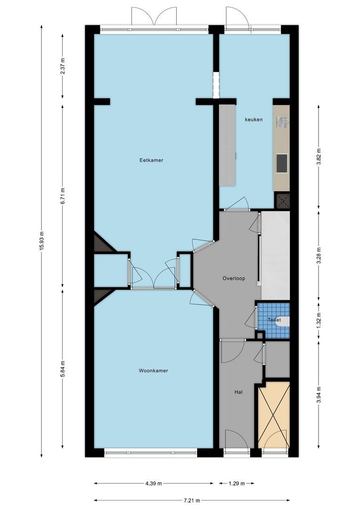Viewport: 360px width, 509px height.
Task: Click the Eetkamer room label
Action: (x=151, y=160)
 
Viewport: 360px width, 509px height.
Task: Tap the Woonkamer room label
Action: (x=153, y=370)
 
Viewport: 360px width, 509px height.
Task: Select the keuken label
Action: (x=254, y=119)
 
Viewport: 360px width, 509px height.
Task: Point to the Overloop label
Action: (x=234, y=278)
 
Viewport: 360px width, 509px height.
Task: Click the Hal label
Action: (x=238, y=392)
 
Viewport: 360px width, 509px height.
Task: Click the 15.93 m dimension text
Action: (x=41, y=241)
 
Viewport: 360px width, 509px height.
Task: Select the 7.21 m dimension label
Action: (x=192, y=500)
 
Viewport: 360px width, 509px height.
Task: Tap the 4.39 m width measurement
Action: (x=154, y=484)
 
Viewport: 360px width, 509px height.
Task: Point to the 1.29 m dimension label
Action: (x=237, y=484)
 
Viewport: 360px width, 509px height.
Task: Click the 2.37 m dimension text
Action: (x=63, y=66)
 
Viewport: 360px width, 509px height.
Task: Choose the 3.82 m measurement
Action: (x=319, y=157)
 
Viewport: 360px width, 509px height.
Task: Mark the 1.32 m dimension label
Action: (x=319, y=320)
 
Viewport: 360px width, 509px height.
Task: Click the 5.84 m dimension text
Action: (x=63, y=369)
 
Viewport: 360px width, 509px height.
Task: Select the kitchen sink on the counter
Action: (x=282, y=123)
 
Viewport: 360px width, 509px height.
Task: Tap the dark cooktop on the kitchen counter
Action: (x=282, y=163)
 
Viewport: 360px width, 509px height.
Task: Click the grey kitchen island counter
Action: (x=227, y=145)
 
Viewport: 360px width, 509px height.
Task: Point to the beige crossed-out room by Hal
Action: (x=274, y=415)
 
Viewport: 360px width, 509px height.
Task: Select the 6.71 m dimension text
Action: (x=63, y=196)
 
